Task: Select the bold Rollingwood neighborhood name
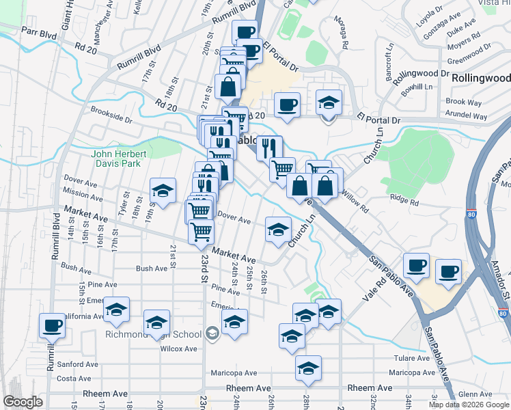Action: (481, 79)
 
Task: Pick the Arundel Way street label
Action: (466, 117)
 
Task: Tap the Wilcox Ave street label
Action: (179, 349)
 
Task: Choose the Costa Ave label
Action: (74, 379)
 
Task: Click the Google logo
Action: (23, 401)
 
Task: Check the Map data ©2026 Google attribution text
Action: (469, 405)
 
